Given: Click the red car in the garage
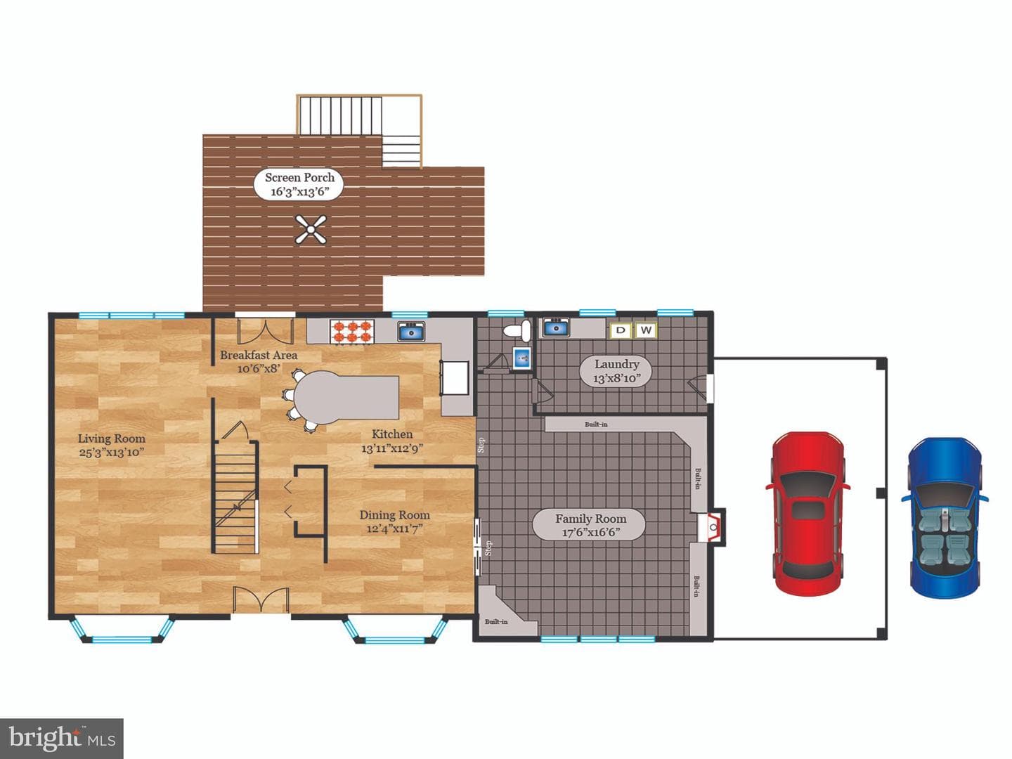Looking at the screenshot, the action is point(808,513).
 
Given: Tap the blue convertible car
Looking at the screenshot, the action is point(945,518).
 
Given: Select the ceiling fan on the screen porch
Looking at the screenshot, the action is point(311,229).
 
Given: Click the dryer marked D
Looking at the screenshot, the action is point(621,330).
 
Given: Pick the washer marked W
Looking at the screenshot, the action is point(646,330).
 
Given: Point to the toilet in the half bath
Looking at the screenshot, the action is point(517,330).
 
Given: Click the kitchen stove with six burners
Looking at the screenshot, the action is point(352,332).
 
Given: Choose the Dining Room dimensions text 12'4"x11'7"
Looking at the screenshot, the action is point(395,528).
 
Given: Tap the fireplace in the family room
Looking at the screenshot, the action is point(713,526).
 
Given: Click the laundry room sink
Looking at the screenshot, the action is point(556,327).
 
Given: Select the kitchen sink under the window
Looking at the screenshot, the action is point(411,331).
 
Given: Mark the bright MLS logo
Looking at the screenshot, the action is point(62,739).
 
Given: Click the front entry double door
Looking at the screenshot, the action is point(261,600).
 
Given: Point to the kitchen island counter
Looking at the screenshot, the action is point(346,398).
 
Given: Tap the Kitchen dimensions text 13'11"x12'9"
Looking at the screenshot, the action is point(392,448).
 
